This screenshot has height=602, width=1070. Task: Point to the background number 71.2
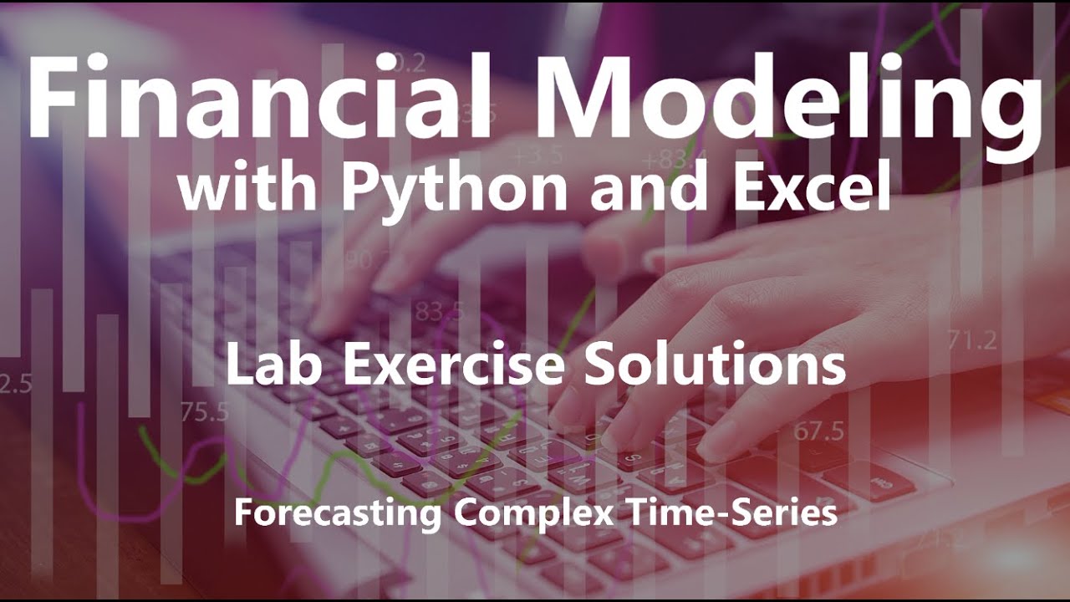coord(972,339)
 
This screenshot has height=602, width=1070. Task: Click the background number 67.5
coord(818,431)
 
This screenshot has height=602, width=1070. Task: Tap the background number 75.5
coord(204,411)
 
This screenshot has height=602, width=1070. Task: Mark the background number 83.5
coord(439,311)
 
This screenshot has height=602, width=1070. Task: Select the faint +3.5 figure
coord(538,156)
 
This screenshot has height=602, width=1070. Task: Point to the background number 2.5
coord(15,384)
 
